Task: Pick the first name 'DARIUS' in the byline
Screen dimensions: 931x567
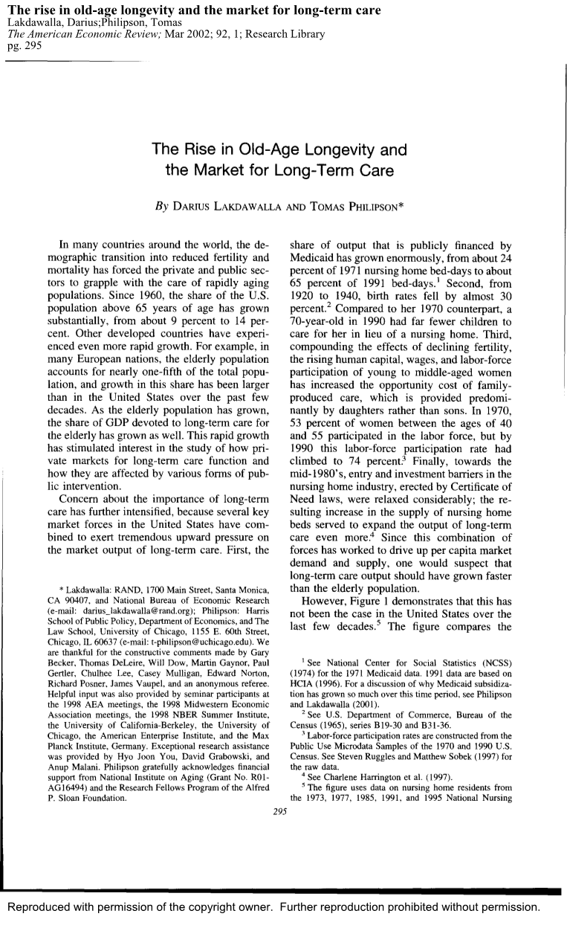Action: click(x=192, y=206)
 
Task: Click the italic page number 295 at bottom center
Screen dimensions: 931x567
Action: click(x=283, y=812)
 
